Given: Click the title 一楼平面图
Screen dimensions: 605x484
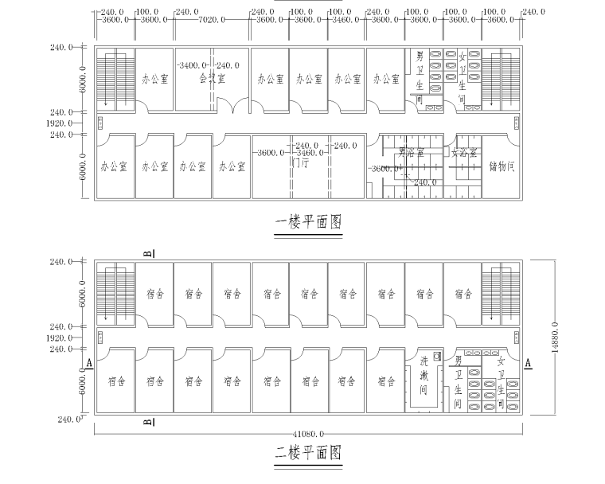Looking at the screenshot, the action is [308, 222].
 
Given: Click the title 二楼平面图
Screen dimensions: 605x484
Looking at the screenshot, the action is [308, 454].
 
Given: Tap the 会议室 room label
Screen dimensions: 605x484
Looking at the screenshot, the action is [210, 79].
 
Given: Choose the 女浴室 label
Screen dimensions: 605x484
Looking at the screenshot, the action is [464, 152].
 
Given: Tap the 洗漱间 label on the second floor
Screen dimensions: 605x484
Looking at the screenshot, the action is [424, 377].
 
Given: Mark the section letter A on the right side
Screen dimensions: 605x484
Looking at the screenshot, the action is [528, 363].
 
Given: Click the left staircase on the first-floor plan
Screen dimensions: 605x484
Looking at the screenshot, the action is [115, 80].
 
